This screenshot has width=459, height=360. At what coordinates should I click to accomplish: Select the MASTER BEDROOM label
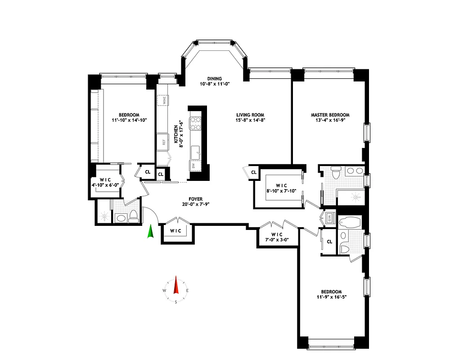[x=330, y=115]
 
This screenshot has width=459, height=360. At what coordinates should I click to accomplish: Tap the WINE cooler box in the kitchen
[x=162, y=100]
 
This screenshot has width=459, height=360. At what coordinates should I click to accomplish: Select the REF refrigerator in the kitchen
[x=162, y=142]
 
